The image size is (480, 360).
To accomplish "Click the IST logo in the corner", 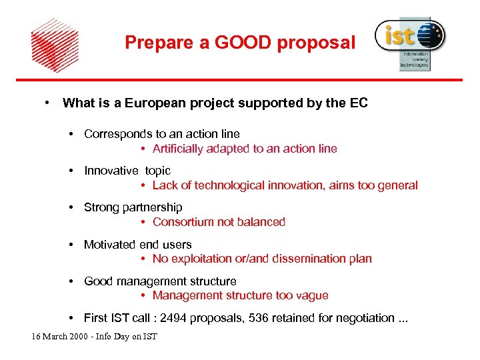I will [x=409, y=42].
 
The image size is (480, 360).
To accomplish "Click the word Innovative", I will [x=109, y=171].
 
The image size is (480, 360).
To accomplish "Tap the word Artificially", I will [x=181, y=149].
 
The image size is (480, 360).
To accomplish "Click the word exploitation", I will [x=201, y=259].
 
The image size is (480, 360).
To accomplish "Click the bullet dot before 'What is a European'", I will [x=48, y=102].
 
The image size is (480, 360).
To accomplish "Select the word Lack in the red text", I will [x=165, y=185].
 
